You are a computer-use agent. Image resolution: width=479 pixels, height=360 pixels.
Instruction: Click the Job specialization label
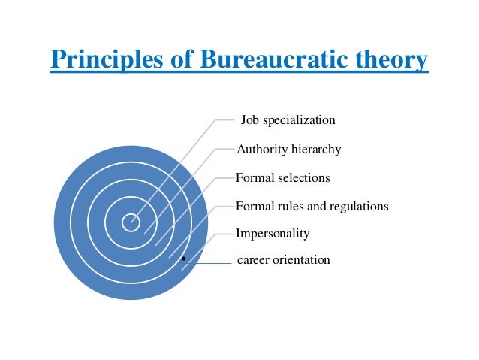(x=288, y=120)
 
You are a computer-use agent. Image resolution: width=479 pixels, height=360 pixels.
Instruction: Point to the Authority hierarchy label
(x=288, y=150)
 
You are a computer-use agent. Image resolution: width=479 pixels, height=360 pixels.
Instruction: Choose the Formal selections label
(x=282, y=178)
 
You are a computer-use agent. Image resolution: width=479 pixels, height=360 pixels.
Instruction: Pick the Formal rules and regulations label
(x=312, y=206)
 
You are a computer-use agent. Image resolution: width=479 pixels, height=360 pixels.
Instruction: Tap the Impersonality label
(x=273, y=234)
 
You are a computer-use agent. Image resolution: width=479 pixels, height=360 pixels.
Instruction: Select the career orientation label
(x=283, y=261)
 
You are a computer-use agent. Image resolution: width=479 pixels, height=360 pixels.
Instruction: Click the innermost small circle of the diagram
(x=131, y=222)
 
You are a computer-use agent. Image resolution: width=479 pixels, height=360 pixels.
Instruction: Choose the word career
(x=253, y=261)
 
